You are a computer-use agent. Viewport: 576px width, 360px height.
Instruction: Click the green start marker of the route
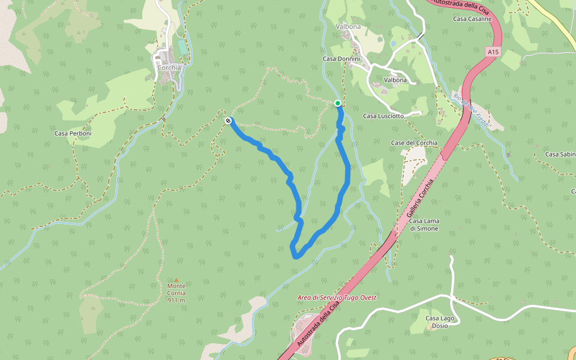tap(338, 103)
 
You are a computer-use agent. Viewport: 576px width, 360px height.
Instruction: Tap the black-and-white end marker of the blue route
tap(228, 121)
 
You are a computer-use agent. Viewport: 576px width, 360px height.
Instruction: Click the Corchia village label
tap(169, 68)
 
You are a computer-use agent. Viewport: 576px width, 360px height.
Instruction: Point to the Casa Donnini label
tap(341, 59)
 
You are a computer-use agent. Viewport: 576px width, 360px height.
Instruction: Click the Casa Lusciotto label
tap(383, 116)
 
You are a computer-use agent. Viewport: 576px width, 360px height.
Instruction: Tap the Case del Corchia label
tap(414, 143)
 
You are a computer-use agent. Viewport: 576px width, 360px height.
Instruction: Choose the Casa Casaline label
tap(472, 19)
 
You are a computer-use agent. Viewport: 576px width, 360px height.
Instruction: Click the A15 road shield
tap(493, 52)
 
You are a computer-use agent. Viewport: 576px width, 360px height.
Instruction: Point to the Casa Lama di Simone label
tap(424, 224)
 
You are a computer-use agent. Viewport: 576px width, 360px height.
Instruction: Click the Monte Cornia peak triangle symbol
tap(176, 279)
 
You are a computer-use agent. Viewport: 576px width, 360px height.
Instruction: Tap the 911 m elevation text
tap(176, 300)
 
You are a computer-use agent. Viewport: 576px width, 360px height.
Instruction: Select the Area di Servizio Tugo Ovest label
tap(337, 298)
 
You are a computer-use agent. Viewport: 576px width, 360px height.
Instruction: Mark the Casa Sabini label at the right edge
tap(560, 154)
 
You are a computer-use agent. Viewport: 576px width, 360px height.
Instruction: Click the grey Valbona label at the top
tap(349, 27)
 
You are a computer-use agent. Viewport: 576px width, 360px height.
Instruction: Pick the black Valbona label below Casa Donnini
tap(395, 80)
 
